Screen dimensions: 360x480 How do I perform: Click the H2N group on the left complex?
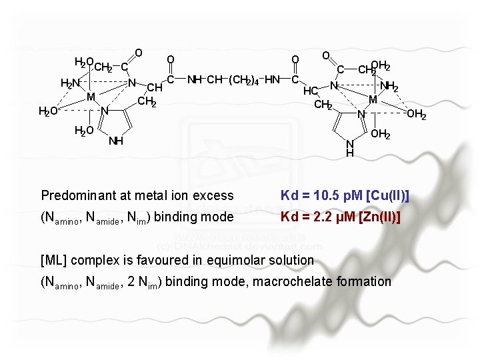click(69, 83)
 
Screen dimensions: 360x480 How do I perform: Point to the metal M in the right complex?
click(373, 99)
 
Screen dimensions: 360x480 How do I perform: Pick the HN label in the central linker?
click(272, 80)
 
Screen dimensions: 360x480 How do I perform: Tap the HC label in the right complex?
click(310, 91)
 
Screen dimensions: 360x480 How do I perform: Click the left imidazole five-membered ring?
click(118, 123)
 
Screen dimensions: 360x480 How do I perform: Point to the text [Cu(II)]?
click(386, 195)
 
